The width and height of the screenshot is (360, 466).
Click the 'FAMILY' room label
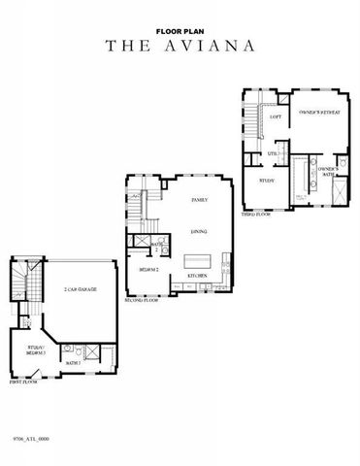point(200,199)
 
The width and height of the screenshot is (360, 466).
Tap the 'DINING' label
point(199,232)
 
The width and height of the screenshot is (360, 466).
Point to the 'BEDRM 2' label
point(149,269)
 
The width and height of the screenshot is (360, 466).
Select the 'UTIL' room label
point(274,153)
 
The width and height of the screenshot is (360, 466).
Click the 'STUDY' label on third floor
point(268,180)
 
